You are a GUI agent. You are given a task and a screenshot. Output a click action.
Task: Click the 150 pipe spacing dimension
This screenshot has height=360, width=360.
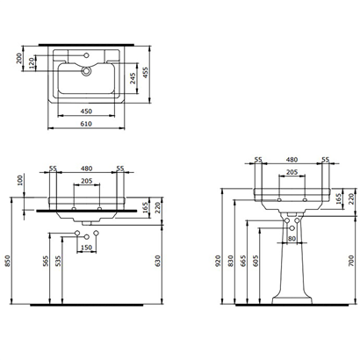point(86,248)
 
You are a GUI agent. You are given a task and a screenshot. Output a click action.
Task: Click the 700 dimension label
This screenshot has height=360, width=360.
point(349,260)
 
